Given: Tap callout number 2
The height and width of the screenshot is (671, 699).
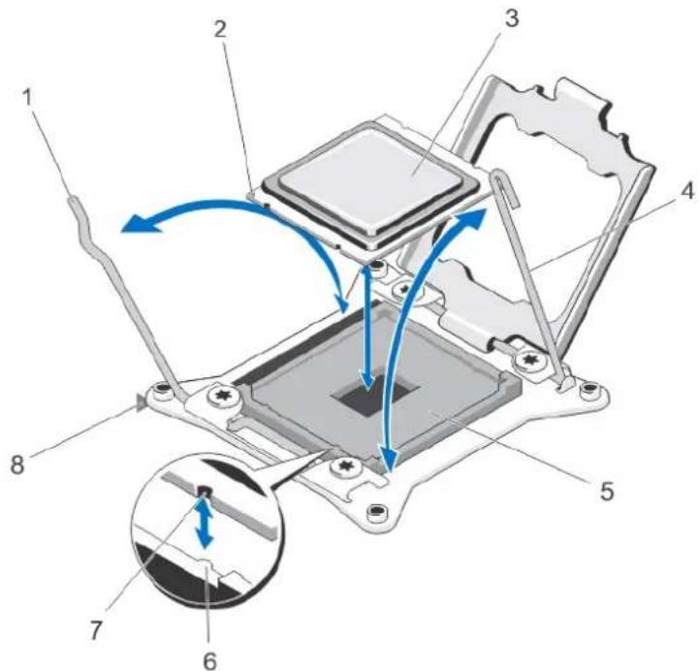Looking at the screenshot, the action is (219, 29).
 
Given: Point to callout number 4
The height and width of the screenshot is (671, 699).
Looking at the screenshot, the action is (687, 192).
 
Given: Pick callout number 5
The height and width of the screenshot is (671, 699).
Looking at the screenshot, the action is (607, 492).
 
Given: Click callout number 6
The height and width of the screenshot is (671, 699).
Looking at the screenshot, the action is (210, 660).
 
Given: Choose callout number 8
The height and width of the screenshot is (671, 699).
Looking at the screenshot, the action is (17, 465).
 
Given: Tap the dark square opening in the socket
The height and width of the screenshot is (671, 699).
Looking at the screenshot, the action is (375, 395).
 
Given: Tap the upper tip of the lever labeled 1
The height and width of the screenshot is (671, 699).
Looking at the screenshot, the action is (73, 202).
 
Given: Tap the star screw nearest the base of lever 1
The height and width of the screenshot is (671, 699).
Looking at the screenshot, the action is (222, 394).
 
